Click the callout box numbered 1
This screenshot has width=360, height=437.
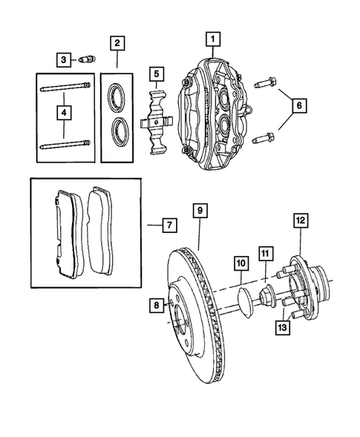coord(212,38)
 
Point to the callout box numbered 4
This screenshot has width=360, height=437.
coord(63,113)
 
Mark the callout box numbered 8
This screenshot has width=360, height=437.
coord(156,303)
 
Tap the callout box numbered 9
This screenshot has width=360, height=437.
coord(200,211)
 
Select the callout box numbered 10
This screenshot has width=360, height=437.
coord(240,263)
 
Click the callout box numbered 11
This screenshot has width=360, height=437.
coord(265,252)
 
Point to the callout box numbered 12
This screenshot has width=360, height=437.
coord(299,220)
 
